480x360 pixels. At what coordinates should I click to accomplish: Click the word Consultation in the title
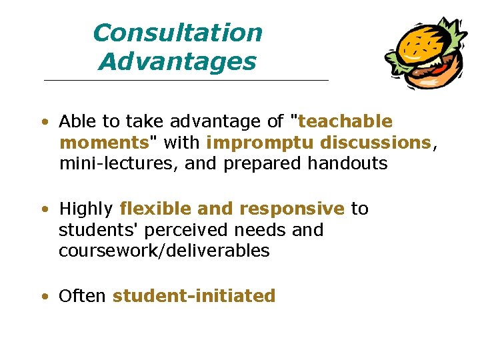click(177, 33)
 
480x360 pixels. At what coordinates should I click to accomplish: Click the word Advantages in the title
click(177, 62)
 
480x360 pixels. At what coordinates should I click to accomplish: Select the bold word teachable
click(346, 121)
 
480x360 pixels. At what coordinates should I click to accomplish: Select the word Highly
click(85, 209)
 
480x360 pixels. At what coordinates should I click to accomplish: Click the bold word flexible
click(155, 209)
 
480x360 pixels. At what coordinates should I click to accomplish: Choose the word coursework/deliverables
click(164, 251)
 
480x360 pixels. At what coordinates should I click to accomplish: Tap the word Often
click(83, 296)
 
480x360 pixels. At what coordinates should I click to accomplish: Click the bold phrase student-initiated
click(194, 296)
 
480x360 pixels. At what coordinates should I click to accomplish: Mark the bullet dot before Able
click(43, 123)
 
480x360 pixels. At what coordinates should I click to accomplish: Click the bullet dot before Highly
click(43, 210)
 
